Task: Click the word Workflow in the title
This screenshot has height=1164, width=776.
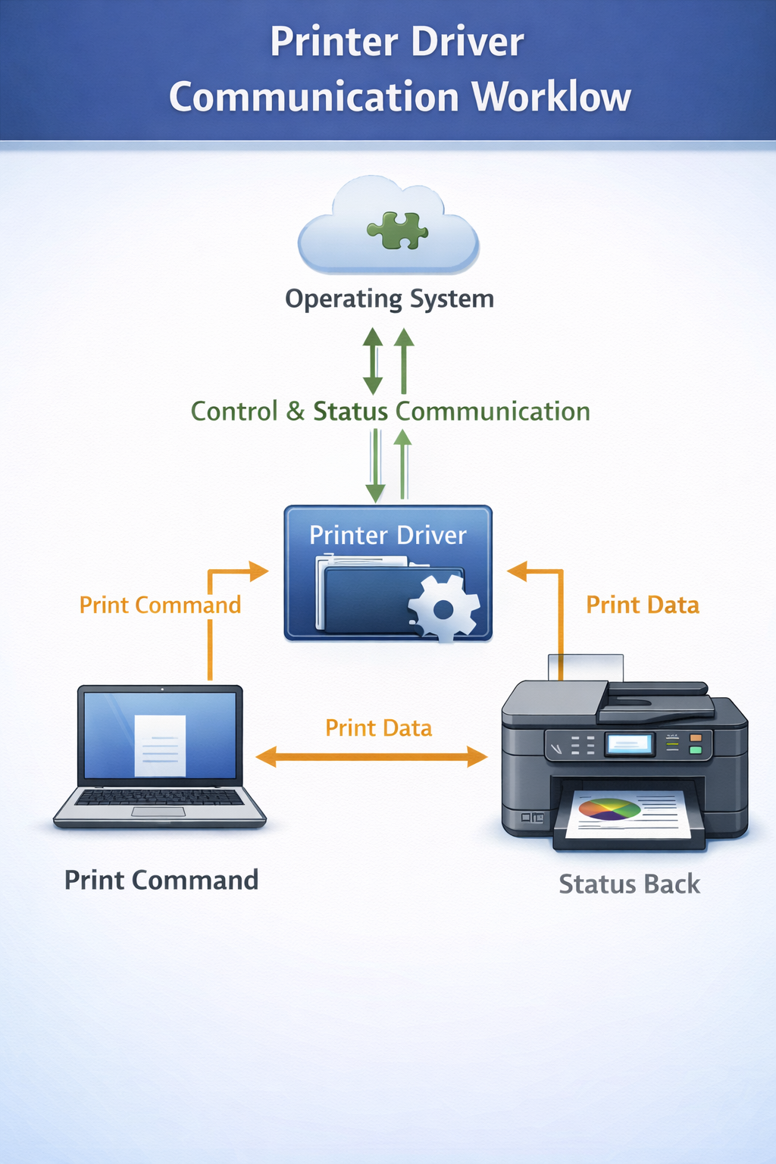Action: click(551, 97)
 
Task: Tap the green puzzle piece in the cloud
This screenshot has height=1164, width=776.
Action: click(397, 230)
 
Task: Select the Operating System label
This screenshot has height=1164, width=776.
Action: click(389, 299)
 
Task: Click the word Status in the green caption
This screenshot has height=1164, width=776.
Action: click(350, 411)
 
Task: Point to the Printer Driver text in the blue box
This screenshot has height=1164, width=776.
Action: click(387, 536)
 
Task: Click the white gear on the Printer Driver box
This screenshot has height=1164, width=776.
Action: click(443, 608)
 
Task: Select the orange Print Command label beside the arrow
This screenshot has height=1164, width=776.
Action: click(160, 605)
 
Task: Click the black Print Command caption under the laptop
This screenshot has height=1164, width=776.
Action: click(161, 880)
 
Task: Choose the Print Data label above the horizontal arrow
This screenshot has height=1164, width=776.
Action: click(378, 728)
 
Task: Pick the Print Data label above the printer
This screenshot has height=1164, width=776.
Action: click(643, 605)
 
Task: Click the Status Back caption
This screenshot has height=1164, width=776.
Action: click(629, 884)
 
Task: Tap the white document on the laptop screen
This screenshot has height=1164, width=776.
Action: click(160, 746)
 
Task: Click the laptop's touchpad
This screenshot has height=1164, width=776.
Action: click(158, 812)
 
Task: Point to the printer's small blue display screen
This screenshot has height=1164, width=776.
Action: click(629, 744)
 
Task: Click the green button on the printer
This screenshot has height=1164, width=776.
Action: click(695, 750)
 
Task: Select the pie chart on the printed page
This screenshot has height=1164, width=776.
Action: click(609, 809)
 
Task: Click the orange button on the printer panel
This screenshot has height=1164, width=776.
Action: click(695, 737)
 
